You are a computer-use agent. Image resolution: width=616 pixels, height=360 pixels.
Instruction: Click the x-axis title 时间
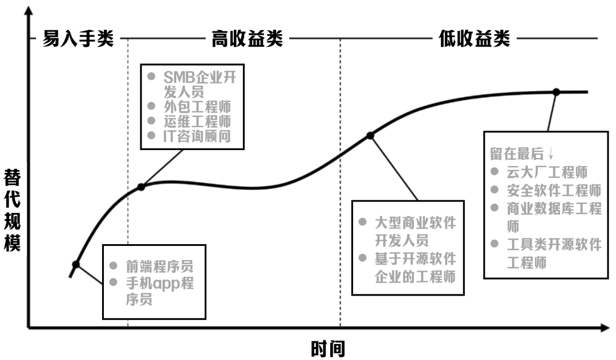point(328,347)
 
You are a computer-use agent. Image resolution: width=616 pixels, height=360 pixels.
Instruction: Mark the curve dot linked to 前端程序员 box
point(76,264)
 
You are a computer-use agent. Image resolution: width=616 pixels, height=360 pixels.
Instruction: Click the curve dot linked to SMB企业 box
point(141,187)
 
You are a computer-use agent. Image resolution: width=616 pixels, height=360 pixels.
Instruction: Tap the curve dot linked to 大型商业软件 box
point(370,135)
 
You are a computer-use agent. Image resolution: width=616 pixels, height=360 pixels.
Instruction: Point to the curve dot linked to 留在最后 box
point(556,92)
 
